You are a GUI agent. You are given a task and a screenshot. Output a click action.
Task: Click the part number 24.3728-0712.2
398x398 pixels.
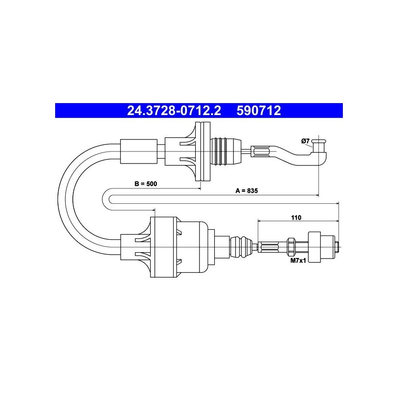point(174,111)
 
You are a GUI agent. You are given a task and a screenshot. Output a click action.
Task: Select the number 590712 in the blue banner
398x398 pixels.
point(258,111)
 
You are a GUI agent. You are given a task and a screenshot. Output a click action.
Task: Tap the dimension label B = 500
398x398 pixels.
point(146,184)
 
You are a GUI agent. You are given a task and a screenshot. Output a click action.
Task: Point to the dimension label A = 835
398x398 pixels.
point(246,191)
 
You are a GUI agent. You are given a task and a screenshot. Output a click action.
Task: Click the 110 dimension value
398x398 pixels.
point(296,218)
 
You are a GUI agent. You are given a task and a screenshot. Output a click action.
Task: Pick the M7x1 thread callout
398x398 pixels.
point(298,260)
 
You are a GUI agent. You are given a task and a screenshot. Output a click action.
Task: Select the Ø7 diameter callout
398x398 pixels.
point(305,141)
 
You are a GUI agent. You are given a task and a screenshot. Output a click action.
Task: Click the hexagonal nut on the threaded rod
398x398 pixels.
point(291,246)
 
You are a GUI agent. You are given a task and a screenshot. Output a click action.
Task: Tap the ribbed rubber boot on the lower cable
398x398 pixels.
point(241,247)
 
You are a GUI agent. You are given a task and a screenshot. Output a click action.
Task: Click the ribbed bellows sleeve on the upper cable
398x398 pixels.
point(225,152)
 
